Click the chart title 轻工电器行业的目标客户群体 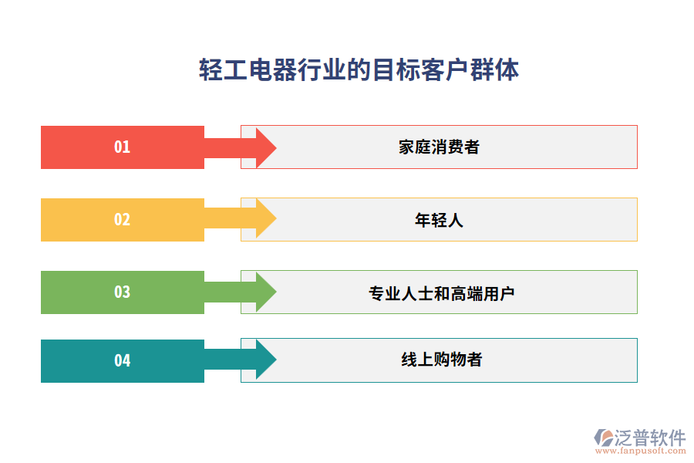tap(359, 69)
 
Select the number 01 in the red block tap(123, 147)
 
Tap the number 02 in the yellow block tap(123, 219)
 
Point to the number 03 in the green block tap(123, 292)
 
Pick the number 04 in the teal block tap(123, 360)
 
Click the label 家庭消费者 tap(439, 147)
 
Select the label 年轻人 tap(439, 220)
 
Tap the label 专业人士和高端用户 tap(441, 293)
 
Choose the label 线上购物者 tap(442, 360)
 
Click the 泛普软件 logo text tap(650, 438)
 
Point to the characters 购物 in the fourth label tap(450, 360)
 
